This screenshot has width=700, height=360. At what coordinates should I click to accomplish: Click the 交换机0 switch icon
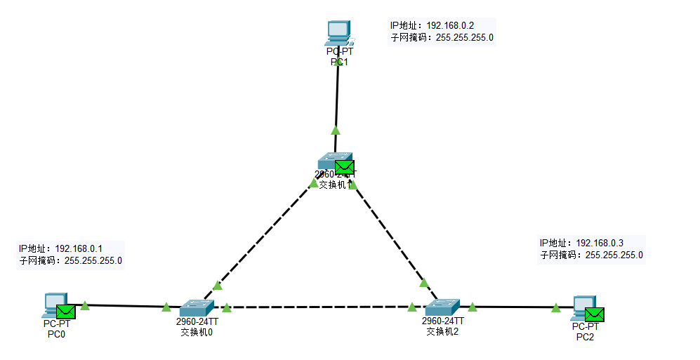(196, 307)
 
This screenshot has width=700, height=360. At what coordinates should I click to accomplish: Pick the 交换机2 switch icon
(442, 307)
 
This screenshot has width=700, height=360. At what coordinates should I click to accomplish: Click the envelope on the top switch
(344, 167)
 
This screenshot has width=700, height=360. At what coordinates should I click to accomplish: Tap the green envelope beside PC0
(66, 312)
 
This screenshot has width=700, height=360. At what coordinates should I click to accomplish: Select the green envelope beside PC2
(595, 314)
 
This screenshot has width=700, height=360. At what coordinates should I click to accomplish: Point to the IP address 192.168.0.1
(79, 248)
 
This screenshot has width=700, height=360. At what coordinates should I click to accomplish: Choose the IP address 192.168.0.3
(600, 243)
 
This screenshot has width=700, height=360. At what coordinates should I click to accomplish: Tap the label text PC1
(339, 62)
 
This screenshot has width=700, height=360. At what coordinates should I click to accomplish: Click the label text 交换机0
(197, 332)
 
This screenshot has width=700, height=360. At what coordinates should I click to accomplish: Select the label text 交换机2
(442, 331)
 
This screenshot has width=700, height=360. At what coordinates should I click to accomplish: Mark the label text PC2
(585, 337)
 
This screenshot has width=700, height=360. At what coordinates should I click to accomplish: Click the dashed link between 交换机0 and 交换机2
(319, 307)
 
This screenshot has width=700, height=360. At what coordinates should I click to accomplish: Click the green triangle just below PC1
(336, 130)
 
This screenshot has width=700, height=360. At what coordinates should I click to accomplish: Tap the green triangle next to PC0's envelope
(85, 305)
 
